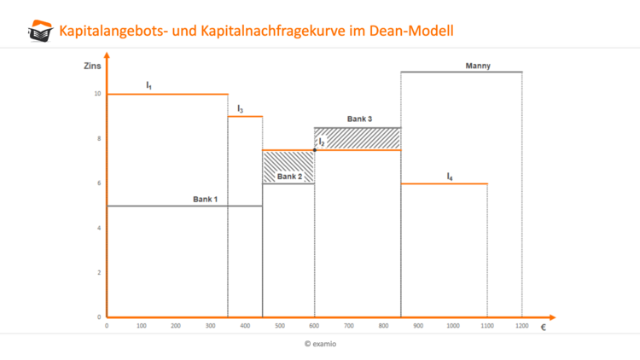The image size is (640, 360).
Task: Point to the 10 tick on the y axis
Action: (97, 94)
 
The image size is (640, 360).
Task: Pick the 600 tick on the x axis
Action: (314, 326)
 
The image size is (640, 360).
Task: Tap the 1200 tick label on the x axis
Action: (521, 326)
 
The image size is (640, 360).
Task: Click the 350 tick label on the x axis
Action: (228, 326)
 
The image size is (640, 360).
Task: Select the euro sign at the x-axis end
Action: (543, 327)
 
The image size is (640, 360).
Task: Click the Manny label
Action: (478, 66)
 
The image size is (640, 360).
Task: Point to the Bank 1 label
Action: (205, 199)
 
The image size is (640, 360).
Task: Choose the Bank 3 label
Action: (359, 119)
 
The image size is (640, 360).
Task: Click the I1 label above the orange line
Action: (149, 85)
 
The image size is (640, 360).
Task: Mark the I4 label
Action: (450, 176)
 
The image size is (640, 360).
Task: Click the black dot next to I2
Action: (314, 150)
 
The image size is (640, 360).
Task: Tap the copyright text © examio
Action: (320, 344)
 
